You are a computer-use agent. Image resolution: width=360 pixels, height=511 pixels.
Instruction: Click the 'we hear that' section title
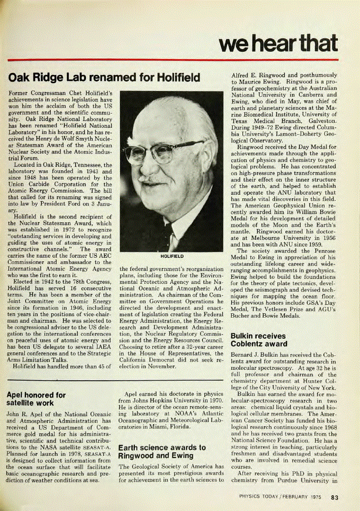pyautogui.click(x=278, y=43)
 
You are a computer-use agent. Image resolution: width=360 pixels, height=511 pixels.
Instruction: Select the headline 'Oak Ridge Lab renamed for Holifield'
pyautogui.click(x=104, y=78)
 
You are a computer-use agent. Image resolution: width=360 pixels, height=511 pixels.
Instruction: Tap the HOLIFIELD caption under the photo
pyautogui.click(x=172, y=256)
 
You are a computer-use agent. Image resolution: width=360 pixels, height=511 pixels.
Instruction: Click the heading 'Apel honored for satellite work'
pyautogui.click(x=36, y=398)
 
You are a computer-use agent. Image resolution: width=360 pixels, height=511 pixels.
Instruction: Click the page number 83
pyautogui.click(x=334, y=497)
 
